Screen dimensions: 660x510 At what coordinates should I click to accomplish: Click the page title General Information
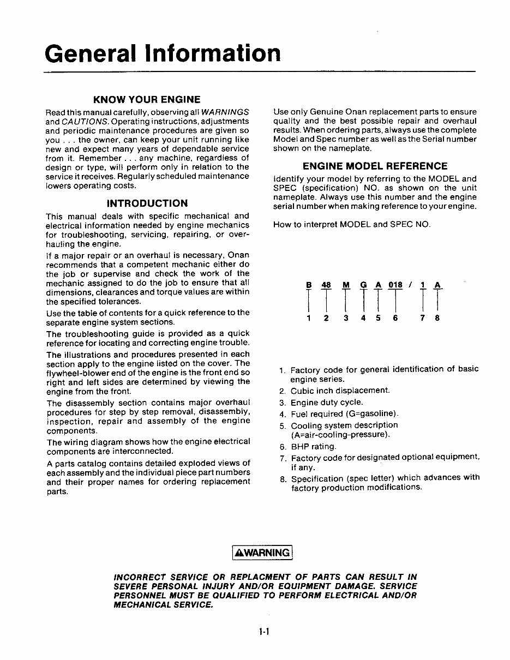tap(163, 53)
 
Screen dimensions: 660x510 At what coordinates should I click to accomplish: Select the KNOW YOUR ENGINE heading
tap(147, 100)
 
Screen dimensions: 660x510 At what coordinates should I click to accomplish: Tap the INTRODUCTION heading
tap(147, 203)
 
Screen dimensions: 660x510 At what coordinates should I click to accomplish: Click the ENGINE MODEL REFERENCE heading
tap(375, 166)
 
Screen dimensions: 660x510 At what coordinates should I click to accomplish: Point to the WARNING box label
tap(262, 553)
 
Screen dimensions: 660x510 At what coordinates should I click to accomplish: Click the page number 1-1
tap(265, 633)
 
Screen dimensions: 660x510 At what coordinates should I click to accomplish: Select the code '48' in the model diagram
tap(326, 285)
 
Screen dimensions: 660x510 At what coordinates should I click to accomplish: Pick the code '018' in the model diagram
tap(395, 285)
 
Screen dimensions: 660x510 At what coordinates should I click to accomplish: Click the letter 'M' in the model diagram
tap(346, 285)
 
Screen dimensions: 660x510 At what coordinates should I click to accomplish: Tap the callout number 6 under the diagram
tap(395, 318)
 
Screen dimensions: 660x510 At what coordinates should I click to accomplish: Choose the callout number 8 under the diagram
tap(437, 318)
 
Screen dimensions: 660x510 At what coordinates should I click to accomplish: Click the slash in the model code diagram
tap(409, 285)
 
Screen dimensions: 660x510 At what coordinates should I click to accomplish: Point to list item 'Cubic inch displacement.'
tap(340, 391)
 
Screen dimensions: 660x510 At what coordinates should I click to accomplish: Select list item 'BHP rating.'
tap(313, 447)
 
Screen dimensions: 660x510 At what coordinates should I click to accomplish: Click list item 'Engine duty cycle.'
tap(326, 403)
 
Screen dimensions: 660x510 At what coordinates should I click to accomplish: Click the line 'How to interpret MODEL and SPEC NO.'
tap(352, 225)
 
